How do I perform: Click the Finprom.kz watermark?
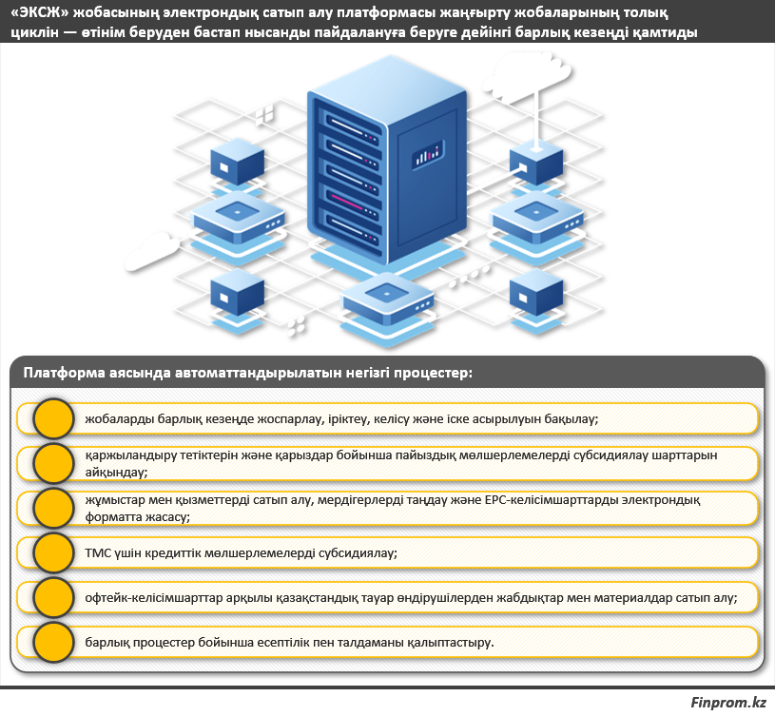click(728, 703)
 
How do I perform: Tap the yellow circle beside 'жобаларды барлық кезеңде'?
click(54, 419)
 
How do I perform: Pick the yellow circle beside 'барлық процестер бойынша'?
click(54, 643)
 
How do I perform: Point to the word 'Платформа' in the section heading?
click(64, 373)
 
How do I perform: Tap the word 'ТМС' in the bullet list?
click(99, 552)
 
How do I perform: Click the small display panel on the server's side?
click(428, 154)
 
